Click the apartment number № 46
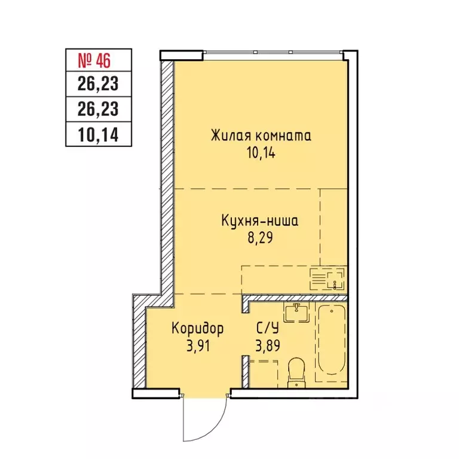pyautogui.click(x=94, y=60)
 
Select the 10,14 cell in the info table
pyautogui.click(x=99, y=134)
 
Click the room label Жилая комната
pyautogui.click(x=261, y=136)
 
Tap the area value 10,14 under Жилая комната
pyautogui.click(x=261, y=153)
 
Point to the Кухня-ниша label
pyautogui.click(x=260, y=221)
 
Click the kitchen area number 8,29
pyautogui.click(x=260, y=238)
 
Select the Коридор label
pyautogui.click(x=198, y=329)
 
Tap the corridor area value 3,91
pyautogui.click(x=198, y=346)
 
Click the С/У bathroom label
pyautogui.click(x=268, y=329)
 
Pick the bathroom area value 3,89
pyautogui.click(x=268, y=345)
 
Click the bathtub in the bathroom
pyautogui.click(x=331, y=342)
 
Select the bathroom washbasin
pyautogui.click(x=296, y=313)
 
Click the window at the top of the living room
pyautogui.click(x=273, y=52)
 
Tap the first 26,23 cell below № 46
pyautogui.click(x=99, y=84)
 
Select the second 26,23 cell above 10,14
pyautogui.click(x=99, y=109)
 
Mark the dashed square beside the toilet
pyautogui.click(x=263, y=374)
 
